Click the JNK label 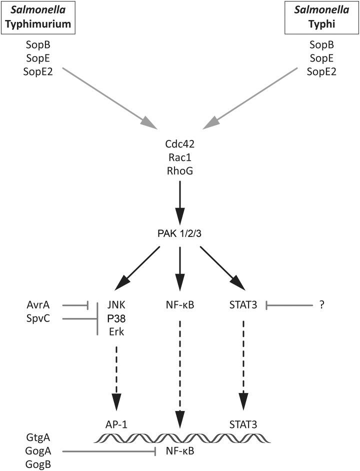click(x=116, y=304)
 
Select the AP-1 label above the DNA click(x=116, y=424)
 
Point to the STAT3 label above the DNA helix click(x=243, y=424)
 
